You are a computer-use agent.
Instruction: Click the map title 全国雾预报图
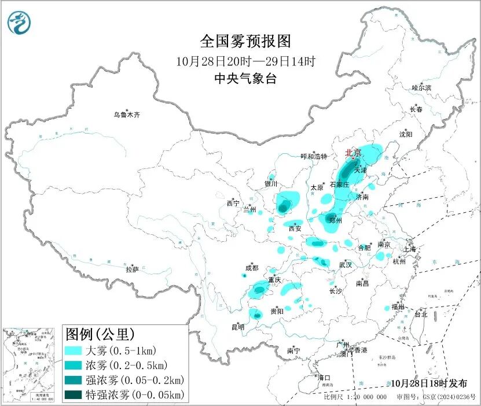245,41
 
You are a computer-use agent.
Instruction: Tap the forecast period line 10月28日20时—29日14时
245,61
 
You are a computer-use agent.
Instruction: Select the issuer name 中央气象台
245,79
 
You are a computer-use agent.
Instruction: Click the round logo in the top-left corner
19,22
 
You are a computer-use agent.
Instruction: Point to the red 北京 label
353,153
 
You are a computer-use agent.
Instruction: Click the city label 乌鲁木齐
126,115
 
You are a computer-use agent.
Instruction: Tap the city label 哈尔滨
421,87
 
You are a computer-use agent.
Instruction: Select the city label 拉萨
132,269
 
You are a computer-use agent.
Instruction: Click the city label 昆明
238,327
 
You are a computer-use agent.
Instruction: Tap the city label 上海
409,249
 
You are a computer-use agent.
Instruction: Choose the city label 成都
252,268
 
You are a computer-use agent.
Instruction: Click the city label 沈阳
406,134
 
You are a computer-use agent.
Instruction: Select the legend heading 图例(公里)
100,334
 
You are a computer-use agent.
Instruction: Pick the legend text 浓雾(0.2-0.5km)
126,365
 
